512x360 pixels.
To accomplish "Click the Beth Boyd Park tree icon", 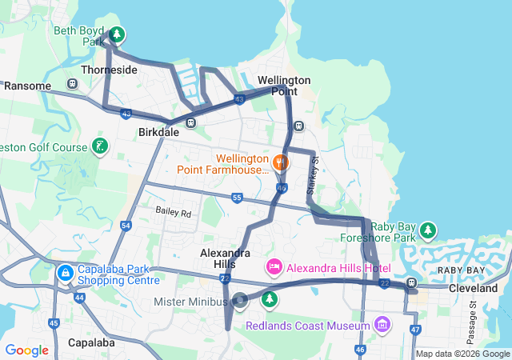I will pyautogui.click(x=118, y=34).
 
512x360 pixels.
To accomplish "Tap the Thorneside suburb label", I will pyautogui.click(x=109, y=70).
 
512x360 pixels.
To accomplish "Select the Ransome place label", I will pyautogui.click(x=28, y=85).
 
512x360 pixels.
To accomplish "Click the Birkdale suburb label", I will pyautogui.click(x=158, y=132).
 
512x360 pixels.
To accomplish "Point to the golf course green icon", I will pyautogui.click(x=99, y=146).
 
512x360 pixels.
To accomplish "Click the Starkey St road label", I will pyautogui.click(x=313, y=175).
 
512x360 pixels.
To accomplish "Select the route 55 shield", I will pyautogui.click(x=237, y=198).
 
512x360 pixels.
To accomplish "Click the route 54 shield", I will pyautogui.click(x=126, y=226).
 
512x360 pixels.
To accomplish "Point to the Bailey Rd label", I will pyautogui.click(x=174, y=214).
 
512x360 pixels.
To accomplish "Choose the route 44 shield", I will pyautogui.click(x=79, y=297).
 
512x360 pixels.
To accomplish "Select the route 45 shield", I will pyautogui.click(x=54, y=323).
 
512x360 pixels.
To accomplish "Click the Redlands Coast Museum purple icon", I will pyautogui.click(x=382, y=325).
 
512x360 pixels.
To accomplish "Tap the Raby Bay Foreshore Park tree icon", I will pyautogui.click(x=429, y=231).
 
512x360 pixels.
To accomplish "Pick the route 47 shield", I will pyautogui.click(x=414, y=330).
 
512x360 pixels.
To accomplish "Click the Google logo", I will pyautogui.click(x=26, y=350).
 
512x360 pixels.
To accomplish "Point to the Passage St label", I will pyautogui.click(x=473, y=314).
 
